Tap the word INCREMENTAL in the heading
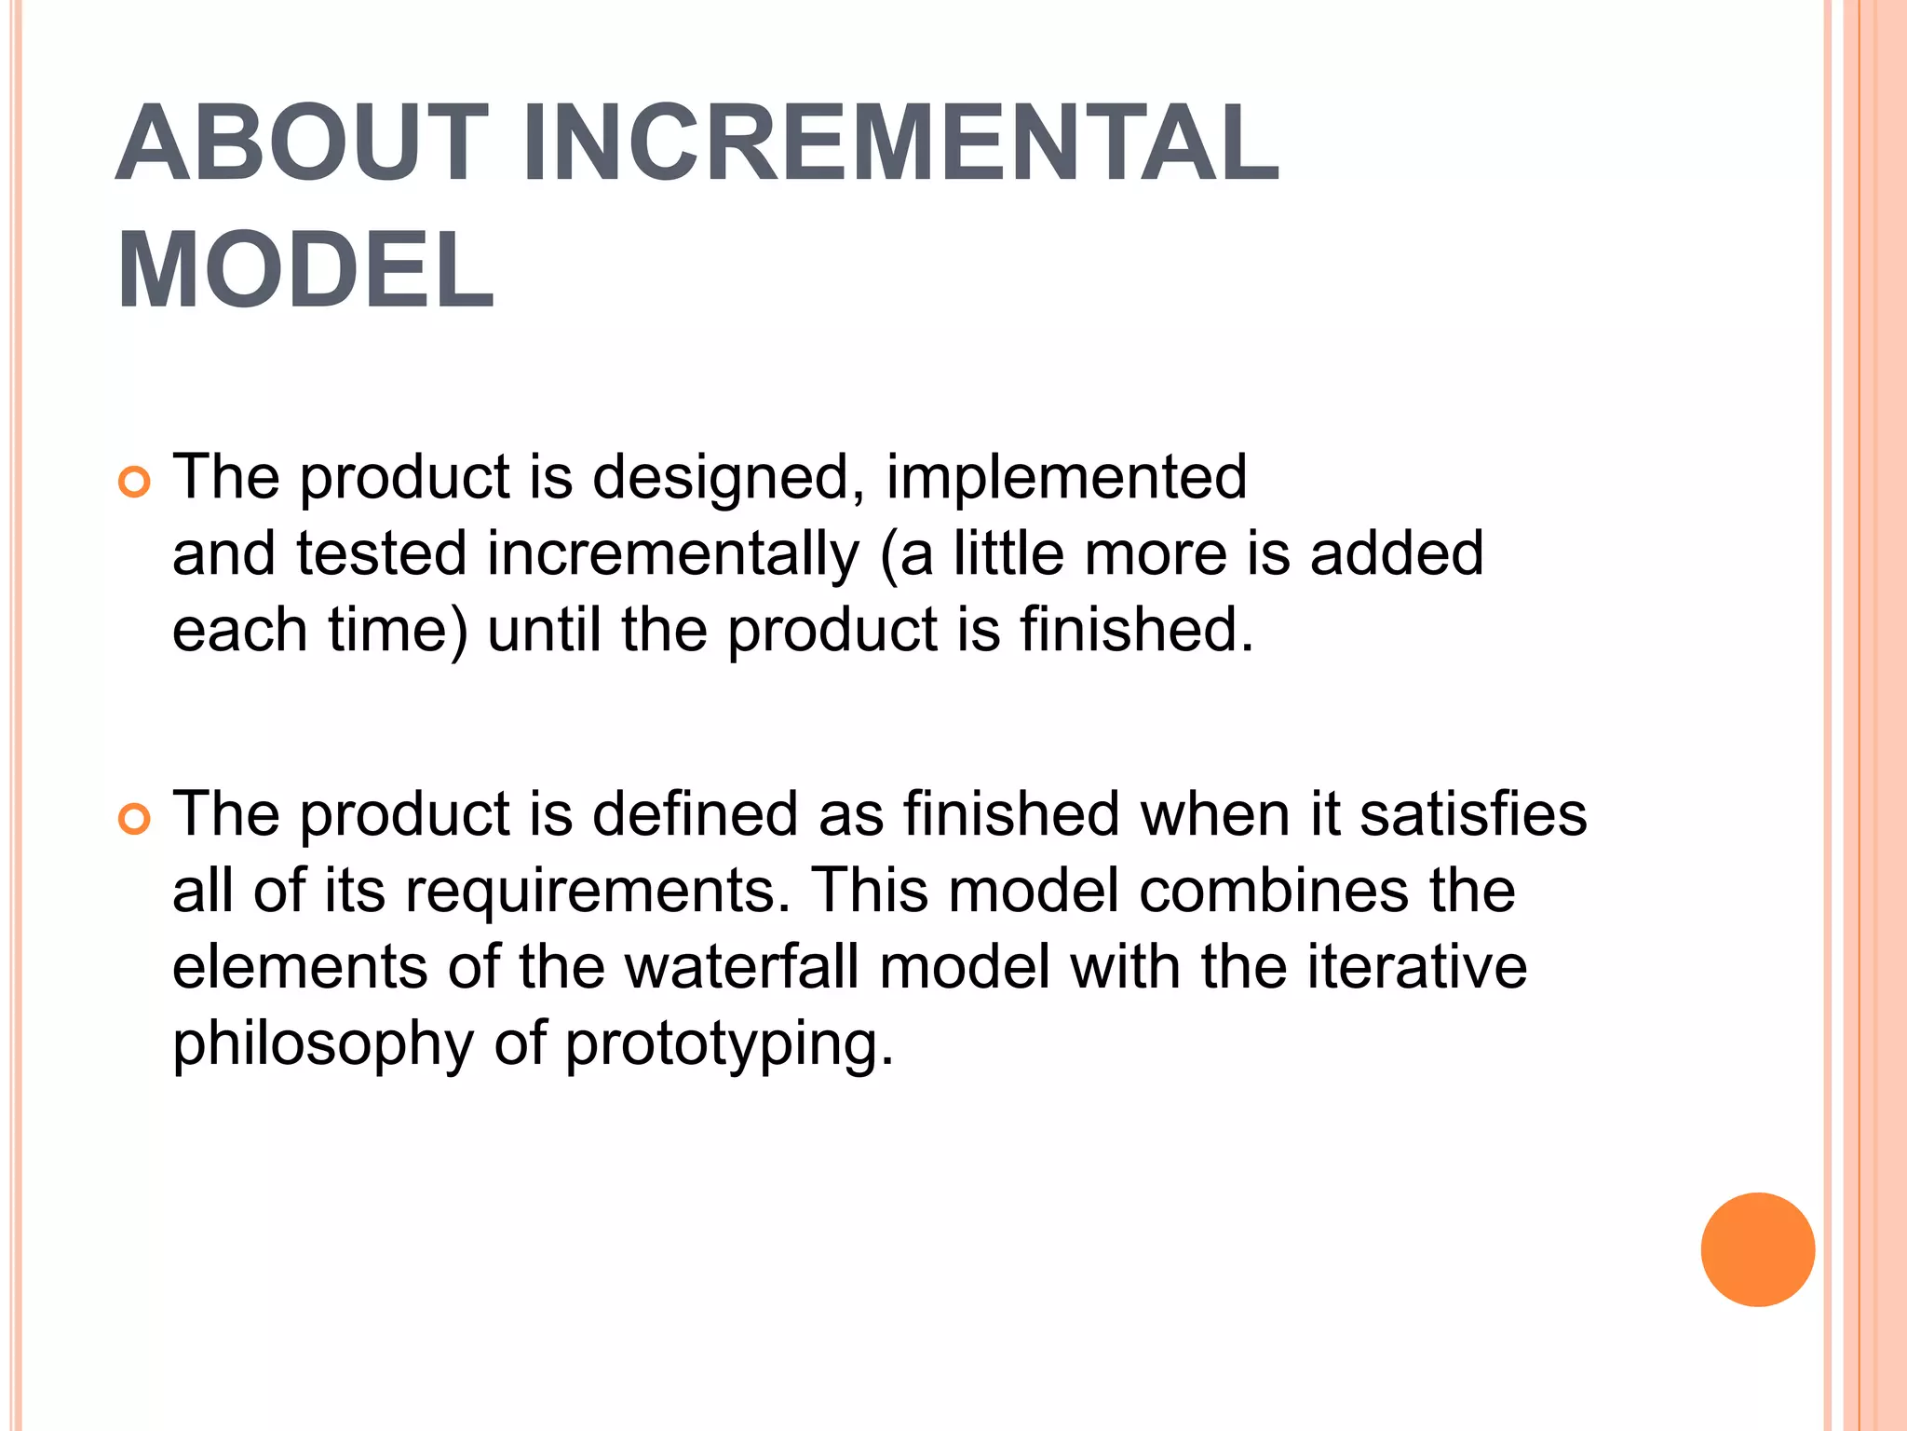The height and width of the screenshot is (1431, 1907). point(900,143)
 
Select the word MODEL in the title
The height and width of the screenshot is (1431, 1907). point(305,270)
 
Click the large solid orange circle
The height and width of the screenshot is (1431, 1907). point(1757,1249)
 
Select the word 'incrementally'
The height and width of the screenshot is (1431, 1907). point(672,554)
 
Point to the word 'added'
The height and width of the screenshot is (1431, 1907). point(1396,554)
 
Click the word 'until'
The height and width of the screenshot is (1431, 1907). point(544,630)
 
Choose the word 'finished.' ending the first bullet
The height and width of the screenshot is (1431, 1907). point(1137,630)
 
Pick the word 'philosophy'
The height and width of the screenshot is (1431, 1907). point(323,1044)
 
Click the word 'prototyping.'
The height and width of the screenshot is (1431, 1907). point(729,1044)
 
